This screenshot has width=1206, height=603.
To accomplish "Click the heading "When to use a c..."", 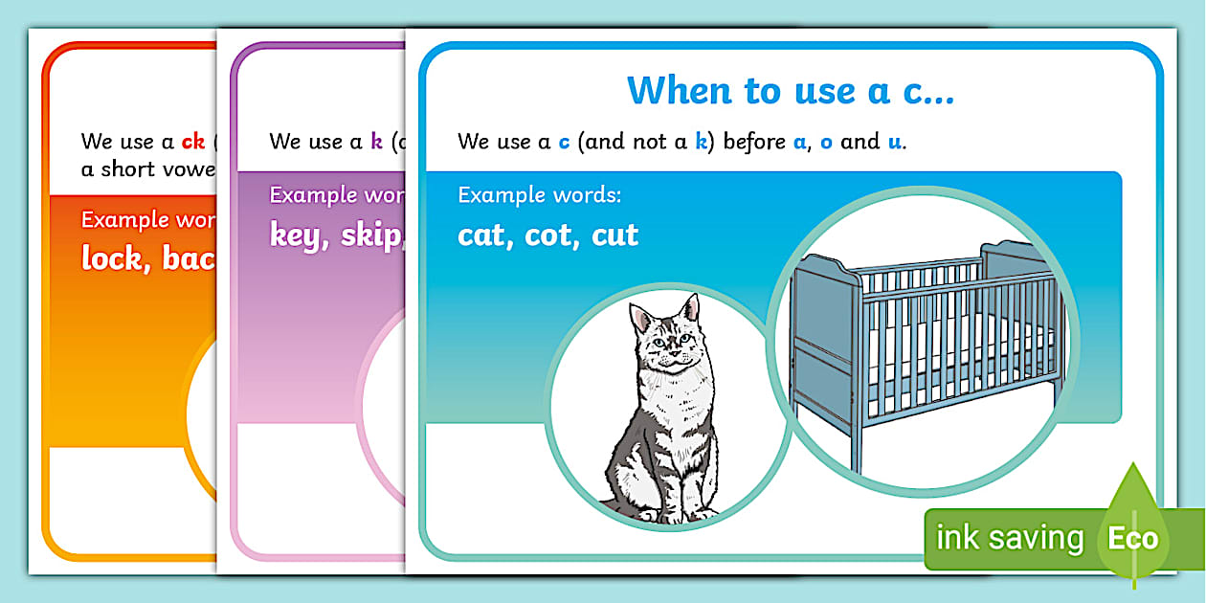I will coord(791,91).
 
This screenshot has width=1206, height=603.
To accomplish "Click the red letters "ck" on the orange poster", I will coord(193,142).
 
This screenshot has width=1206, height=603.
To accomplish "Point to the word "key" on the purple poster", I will coord(295,235).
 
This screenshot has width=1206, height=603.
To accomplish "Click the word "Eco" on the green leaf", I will coord(1133,538).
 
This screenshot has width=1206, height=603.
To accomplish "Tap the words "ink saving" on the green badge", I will coord(1009,538).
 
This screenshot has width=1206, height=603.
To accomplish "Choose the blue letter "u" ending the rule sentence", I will coord(895,143).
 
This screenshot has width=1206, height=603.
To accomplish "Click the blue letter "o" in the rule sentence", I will coord(826,143).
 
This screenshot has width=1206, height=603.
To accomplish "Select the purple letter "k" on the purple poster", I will coord(376,142).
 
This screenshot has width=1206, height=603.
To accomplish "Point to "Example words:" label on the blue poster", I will coord(540,195).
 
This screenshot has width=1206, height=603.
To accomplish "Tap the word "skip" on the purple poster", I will coord(370,235).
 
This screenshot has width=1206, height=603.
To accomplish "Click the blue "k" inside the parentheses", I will coord(702,143).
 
